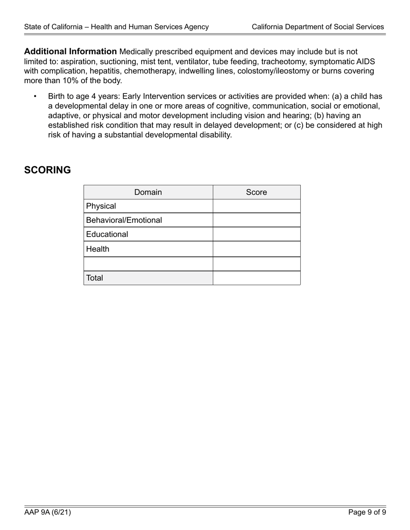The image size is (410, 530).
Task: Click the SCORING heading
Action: coord(47,170)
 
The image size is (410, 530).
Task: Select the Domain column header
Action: coord(148,192)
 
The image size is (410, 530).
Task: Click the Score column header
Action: coord(256,192)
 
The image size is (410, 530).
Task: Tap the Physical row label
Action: coord(101,206)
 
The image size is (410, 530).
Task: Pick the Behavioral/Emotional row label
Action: coord(124,220)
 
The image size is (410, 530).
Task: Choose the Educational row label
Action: coord(107,234)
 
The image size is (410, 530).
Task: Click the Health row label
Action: coord(98,249)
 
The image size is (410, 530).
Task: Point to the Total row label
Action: coord(95,278)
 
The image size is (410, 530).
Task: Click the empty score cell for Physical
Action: coord(256,206)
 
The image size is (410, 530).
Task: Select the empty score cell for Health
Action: coord(256,249)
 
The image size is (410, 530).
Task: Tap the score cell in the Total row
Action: coord(256,278)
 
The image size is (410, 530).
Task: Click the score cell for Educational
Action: coord(256,234)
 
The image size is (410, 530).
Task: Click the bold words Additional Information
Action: coord(70,52)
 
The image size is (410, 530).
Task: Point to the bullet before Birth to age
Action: coord(35,97)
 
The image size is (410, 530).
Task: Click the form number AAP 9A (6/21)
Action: coord(47,512)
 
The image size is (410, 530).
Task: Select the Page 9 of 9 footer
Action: coord(367,512)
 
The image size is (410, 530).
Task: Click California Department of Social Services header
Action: coord(318,27)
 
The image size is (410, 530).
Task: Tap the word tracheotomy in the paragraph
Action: coord(282,61)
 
